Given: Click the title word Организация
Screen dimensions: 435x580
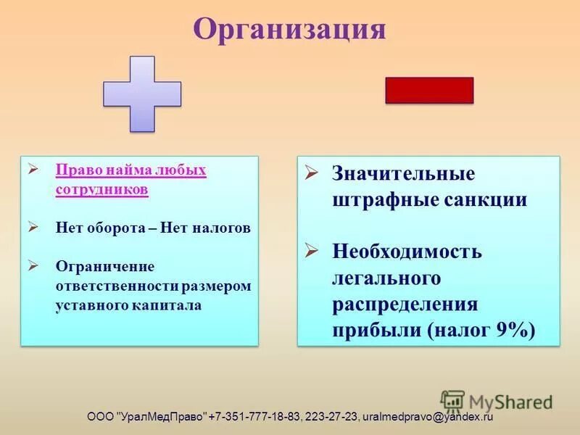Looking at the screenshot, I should (289, 30).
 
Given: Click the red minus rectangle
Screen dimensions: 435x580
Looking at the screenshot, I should (428, 91).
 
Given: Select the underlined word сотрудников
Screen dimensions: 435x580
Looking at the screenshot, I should (101, 189).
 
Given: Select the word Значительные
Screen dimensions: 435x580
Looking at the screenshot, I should (404, 174).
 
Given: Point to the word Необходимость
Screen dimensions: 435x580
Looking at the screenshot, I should (407, 252).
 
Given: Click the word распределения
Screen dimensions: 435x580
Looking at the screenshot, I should (405, 304).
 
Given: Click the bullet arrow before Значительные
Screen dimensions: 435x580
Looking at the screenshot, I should (311, 173).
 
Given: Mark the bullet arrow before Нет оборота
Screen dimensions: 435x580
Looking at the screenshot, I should (33, 227).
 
